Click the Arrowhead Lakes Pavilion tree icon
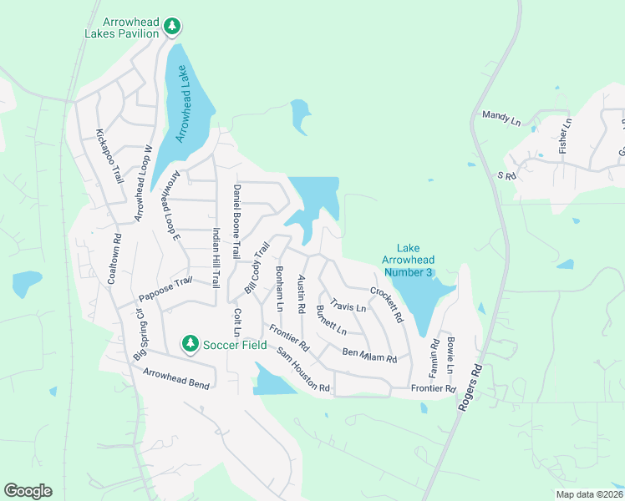[x=172, y=26]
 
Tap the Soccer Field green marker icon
[x=191, y=343]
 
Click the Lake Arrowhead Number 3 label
[x=408, y=261]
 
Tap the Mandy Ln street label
[x=501, y=119]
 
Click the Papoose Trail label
[x=165, y=287]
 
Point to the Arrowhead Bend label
[x=177, y=377]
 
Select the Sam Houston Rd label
[x=304, y=372]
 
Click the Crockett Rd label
[x=387, y=306]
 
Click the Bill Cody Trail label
[x=257, y=267]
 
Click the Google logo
[x=28, y=491]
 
